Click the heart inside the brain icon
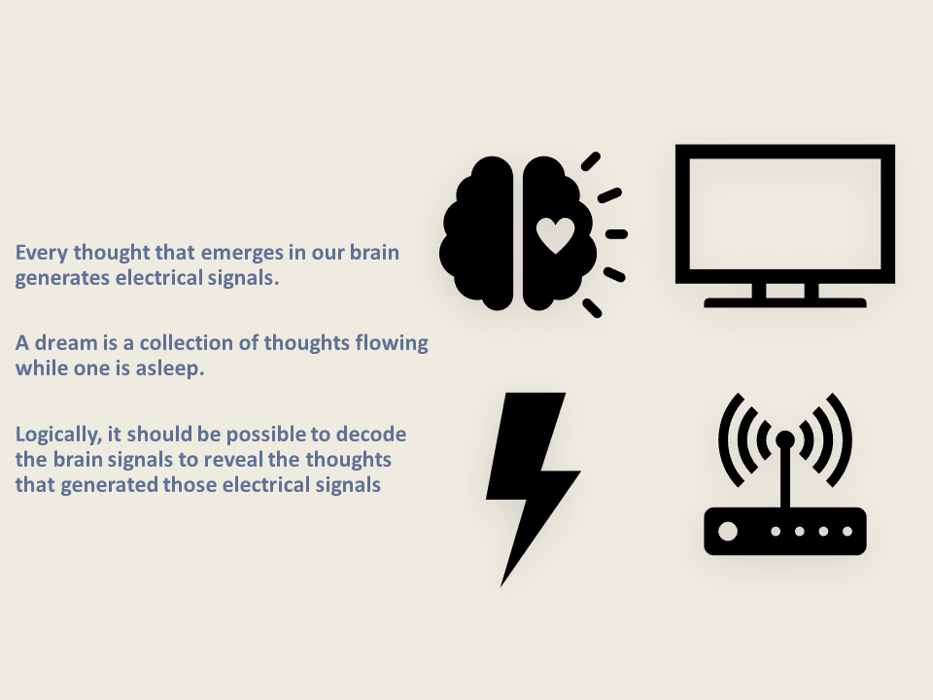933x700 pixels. (555, 235)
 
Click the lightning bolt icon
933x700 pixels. (534, 489)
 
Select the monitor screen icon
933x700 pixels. (785, 226)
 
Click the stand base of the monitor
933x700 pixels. (785, 302)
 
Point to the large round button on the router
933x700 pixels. (728, 531)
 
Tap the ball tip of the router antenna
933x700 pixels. (785, 439)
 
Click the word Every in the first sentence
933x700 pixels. (41, 253)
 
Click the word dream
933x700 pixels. (66, 343)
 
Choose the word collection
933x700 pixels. (186, 343)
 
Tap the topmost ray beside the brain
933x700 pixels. (590, 161)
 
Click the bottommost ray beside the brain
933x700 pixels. (592, 308)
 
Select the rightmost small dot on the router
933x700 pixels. (847, 531)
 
